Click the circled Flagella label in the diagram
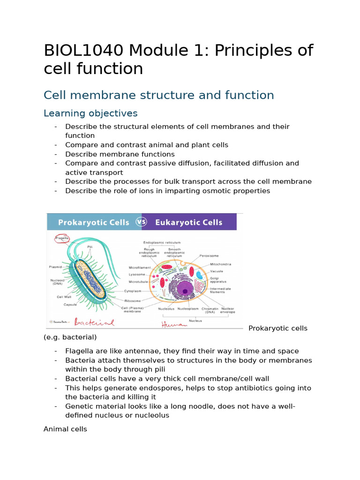tap(62, 238)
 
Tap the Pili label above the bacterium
tap(90, 246)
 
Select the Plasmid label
tap(55, 267)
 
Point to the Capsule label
tap(70, 304)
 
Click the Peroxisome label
tap(209, 256)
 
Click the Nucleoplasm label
tap(187, 309)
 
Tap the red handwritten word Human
tap(171, 324)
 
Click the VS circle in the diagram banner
tap(141, 222)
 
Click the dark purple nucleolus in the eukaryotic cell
tap(185, 292)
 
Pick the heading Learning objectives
tap(90, 113)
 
